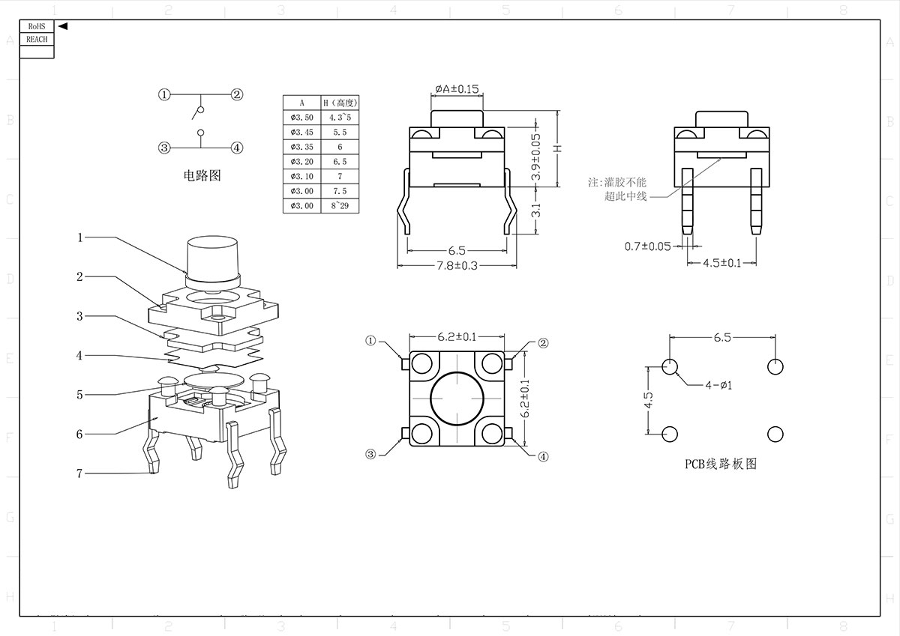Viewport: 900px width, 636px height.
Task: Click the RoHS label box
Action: [x=37, y=26]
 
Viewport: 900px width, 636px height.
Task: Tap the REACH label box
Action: [x=37, y=39]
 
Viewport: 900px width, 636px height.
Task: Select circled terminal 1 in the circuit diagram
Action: [x=165, y=94]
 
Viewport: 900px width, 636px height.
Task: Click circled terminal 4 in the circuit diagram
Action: [x=237, y=148]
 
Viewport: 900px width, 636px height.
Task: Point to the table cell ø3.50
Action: [x=301, y=117]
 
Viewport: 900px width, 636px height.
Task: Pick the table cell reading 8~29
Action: [x=340, y=206]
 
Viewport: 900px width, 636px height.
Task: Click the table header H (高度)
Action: [x=340, y=103]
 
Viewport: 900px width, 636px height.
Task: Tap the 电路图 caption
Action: [x=202, y=176]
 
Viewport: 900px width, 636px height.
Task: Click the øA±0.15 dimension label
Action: [x=457, y=89]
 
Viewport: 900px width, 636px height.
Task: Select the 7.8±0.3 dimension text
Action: [x=457, y=265]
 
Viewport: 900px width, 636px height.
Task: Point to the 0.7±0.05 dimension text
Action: [x=647, y=246]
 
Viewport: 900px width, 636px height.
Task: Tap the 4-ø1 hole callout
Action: [x=718, y=385]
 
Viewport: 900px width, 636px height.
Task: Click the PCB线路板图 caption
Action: [x=721, y=464]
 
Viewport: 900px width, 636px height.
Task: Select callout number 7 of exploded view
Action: [x=79, y=473]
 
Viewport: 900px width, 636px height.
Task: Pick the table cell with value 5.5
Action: [x=340, y=132]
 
